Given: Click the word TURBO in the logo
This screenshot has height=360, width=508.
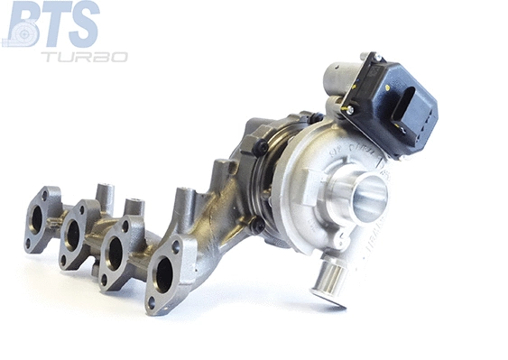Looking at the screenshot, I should pyautogui.click(x=84, y=56).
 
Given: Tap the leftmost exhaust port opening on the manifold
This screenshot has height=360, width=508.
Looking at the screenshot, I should pyautogui.click(x=37, y=218).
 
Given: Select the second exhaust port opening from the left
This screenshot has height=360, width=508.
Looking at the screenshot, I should pyautogui.click(x=73, y=235).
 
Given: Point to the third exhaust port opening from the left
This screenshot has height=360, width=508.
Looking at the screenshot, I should pyautogui.click(x=115, y=254).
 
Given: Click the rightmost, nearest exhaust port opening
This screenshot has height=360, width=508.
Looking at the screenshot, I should pyautogui.click(x=164, y=274).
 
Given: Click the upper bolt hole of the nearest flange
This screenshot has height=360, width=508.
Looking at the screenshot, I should pyautogui.click(x=175, y=246).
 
